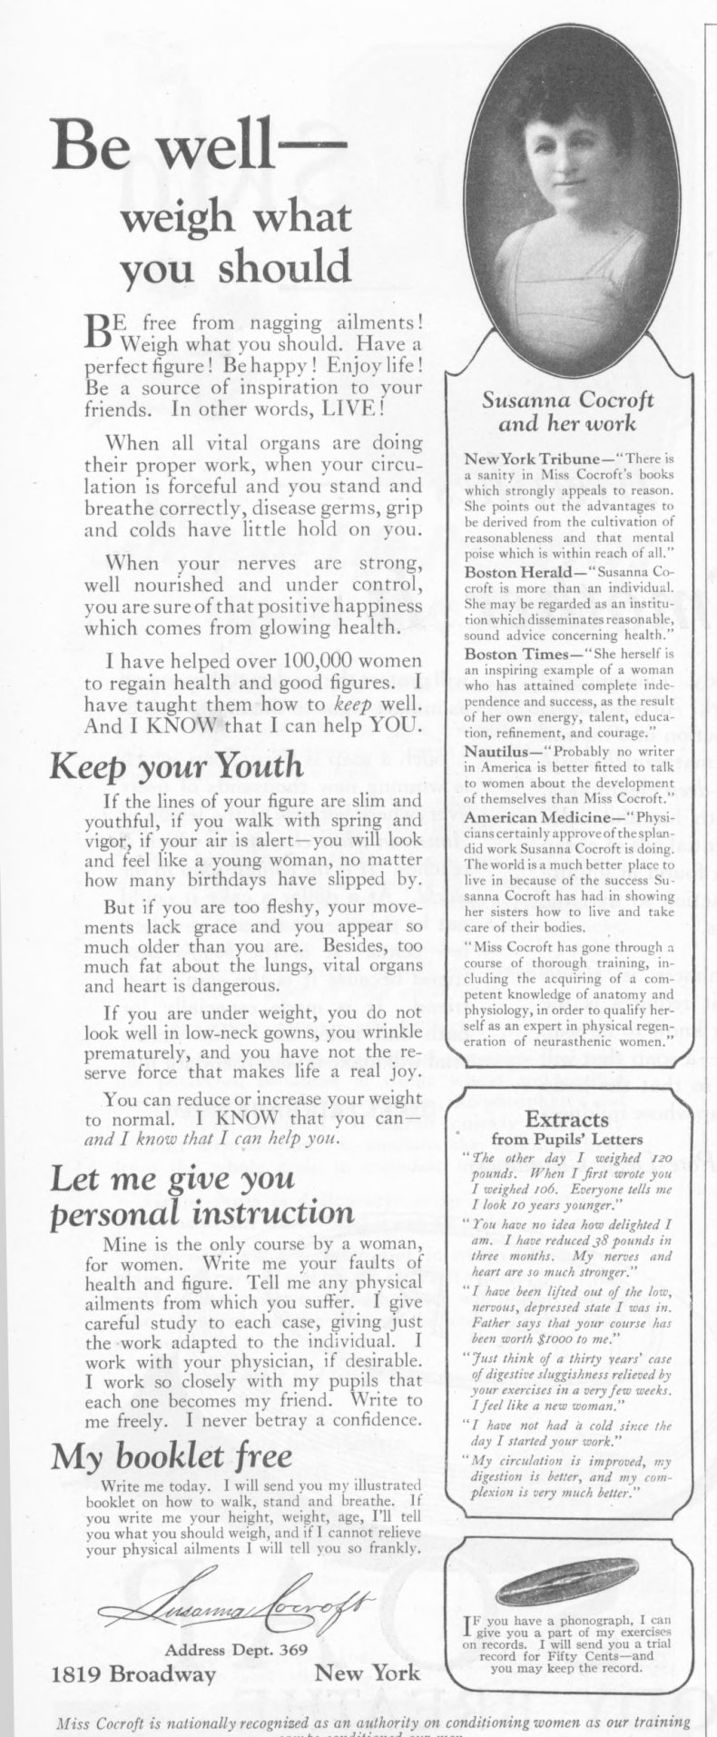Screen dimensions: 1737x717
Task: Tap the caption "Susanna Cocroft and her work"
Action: tap(567, 411)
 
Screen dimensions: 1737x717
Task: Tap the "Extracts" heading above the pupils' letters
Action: tap(566, 1119)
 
